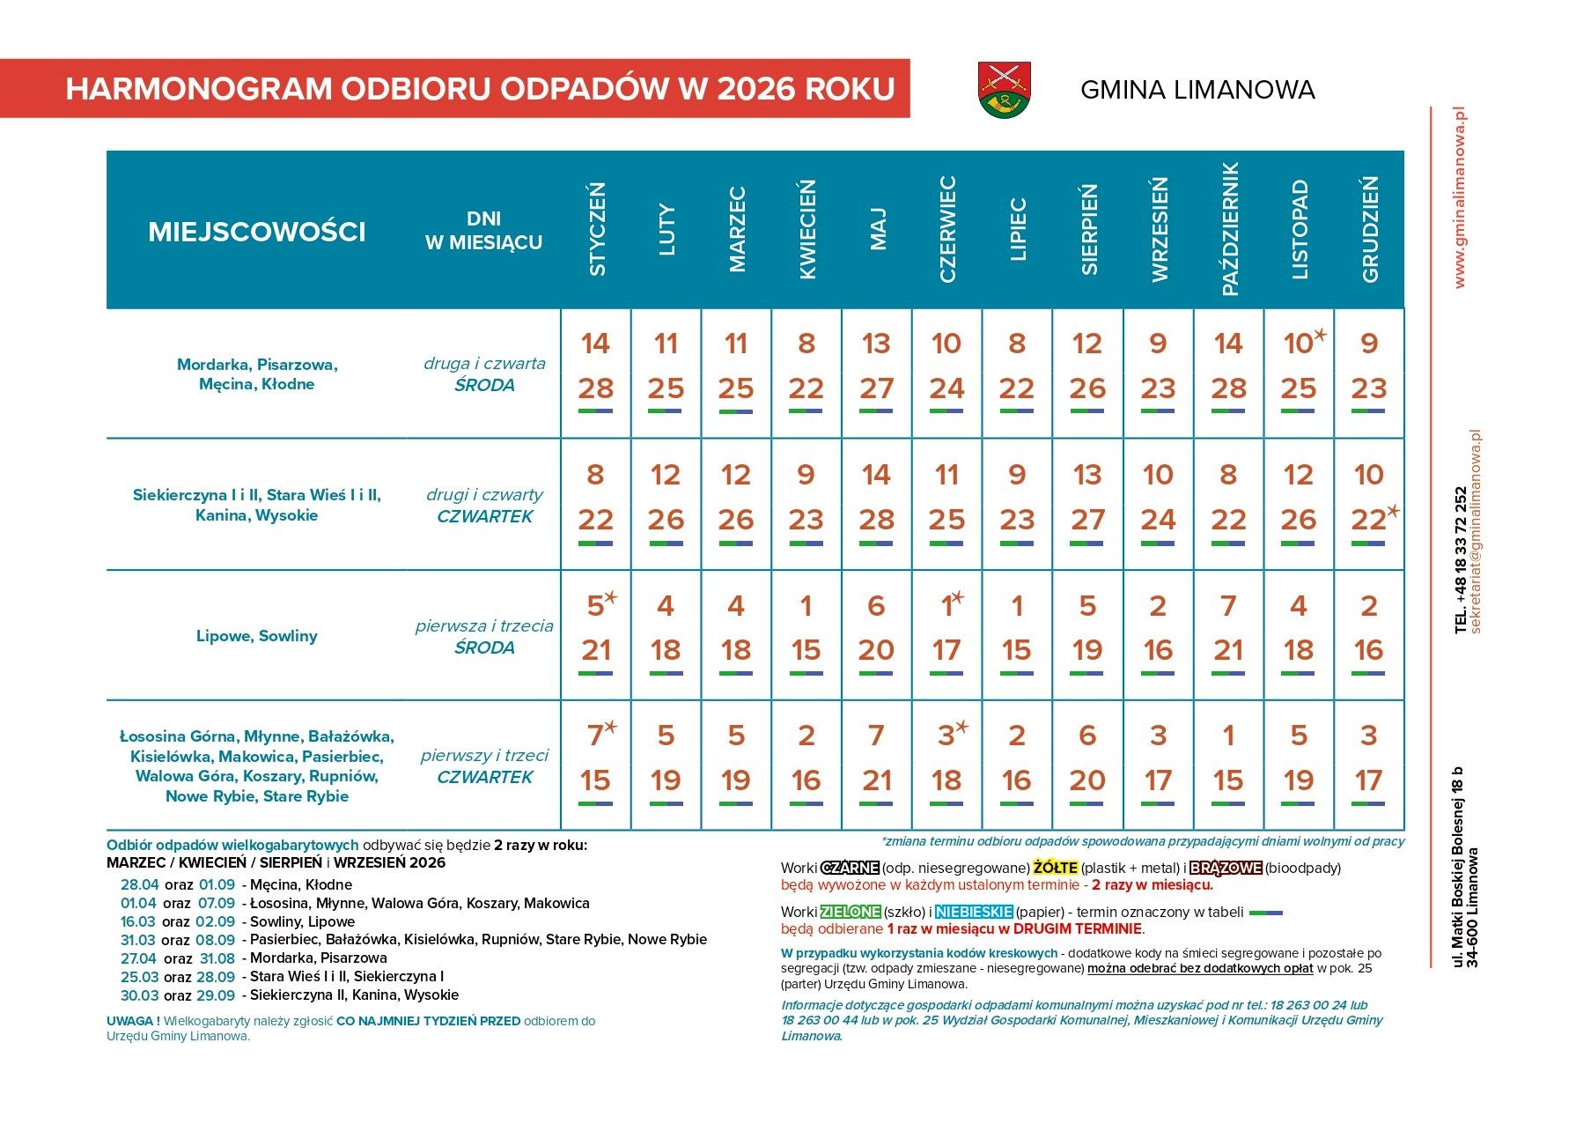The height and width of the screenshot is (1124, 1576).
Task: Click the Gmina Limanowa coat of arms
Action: [1005, 89]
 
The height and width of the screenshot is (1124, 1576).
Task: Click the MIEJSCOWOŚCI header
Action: [256, 232]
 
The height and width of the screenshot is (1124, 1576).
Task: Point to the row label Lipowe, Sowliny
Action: [256, 636]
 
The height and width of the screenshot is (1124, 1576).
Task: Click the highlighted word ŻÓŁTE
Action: [1055, 868]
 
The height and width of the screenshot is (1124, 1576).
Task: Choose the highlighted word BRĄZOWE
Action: [1226, 868]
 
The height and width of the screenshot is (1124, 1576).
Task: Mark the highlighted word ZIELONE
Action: [851, 912]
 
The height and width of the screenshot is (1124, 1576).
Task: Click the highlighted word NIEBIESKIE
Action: [974, 912]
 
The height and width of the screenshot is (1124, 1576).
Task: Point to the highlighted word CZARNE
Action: [850, 868]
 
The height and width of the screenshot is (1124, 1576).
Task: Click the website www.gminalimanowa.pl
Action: [1460, 197]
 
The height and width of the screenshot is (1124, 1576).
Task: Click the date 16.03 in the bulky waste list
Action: [139, 921]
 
